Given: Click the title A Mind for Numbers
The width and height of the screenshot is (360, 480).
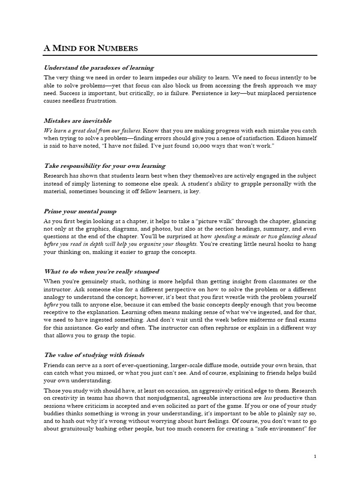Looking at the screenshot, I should tap(90, 48).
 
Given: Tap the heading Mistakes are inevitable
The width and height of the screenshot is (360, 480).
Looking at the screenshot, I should tap(78, 120).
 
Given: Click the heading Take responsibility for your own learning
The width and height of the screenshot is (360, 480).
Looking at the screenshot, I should tap(105, 165).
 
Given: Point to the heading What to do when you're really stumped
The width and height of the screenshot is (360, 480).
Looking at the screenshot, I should tap(102, 271).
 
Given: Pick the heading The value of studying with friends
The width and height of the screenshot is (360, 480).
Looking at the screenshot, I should tap(97, 355).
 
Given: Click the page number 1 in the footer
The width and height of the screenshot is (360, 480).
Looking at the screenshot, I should tap(315, 456).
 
